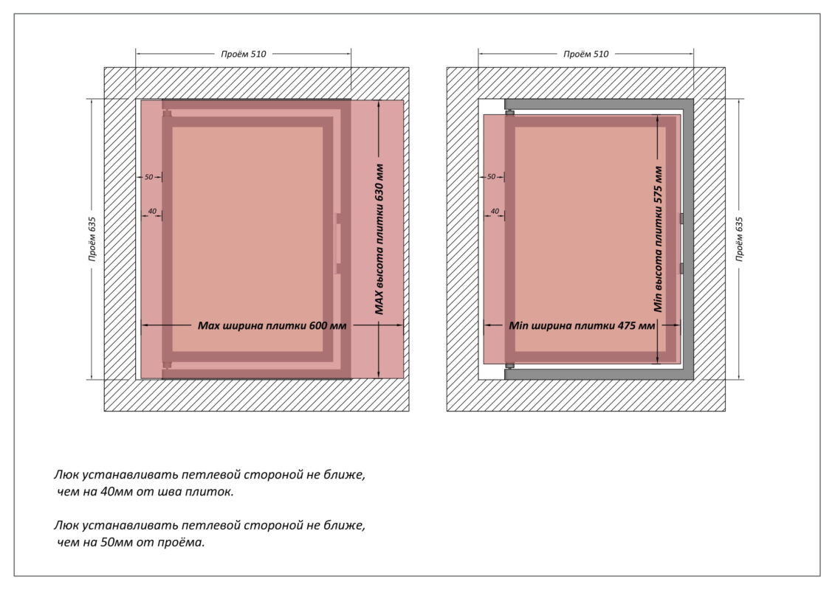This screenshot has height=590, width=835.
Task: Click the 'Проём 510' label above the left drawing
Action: (243, 54)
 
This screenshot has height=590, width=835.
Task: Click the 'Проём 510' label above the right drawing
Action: (586, 54)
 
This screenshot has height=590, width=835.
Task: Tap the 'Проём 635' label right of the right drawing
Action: (739, 239)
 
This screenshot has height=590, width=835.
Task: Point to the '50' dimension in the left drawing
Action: (148, 177)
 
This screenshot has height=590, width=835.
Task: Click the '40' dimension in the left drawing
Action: (152, 212)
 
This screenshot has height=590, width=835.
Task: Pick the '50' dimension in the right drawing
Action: (491, 177)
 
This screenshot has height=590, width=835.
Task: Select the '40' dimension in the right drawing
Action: (495, 212)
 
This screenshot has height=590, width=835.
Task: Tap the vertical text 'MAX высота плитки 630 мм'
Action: (379, 239)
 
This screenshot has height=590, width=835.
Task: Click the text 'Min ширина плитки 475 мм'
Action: (582, 324)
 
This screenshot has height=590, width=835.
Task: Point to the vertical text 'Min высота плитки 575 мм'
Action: (658, 238)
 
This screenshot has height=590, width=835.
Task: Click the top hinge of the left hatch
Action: (168, 113)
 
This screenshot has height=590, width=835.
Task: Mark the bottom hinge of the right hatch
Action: (509, 366)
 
